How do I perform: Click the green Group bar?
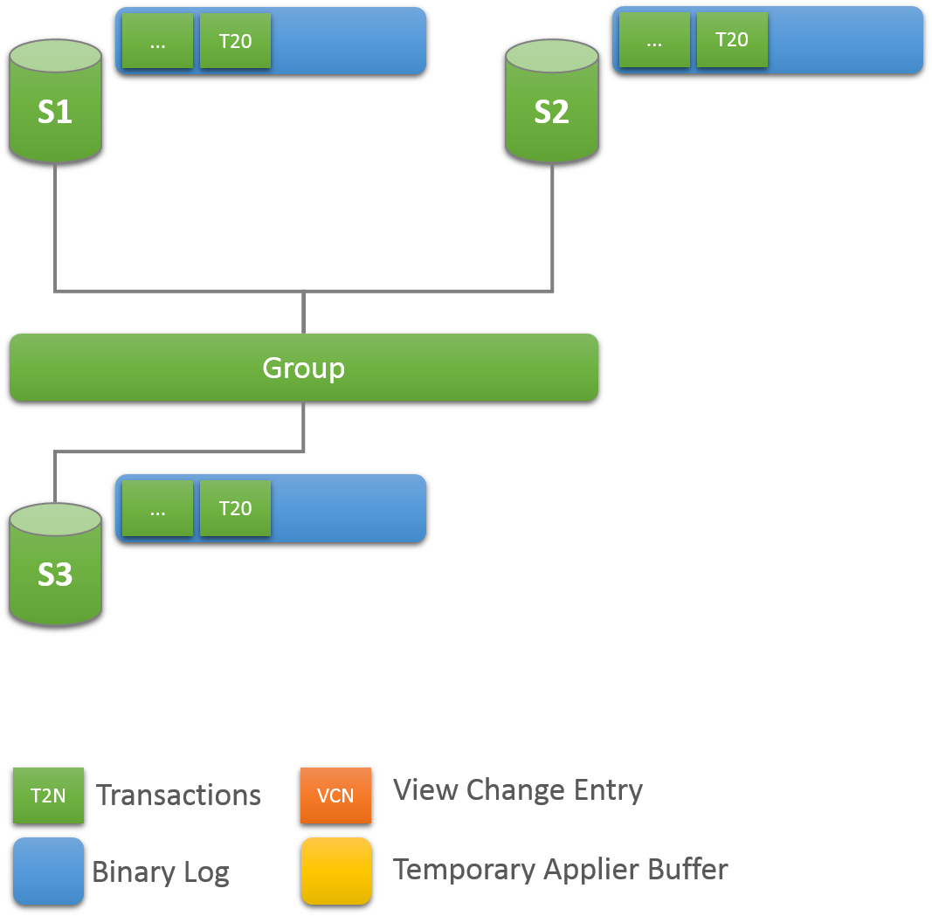pyautogui.click(x=303, y=368)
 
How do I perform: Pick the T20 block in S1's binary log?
pyautogui.click(x=235, y=41)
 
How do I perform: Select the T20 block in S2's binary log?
pyautogui.click(x=732, y=39)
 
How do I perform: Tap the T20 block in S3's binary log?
pyautogui.click(x=235, y=508)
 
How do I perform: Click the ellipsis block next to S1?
pyautogui.click(x=157, y=41)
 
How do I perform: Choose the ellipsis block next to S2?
pyautogui.click(x=654, y=39)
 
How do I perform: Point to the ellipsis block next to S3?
pyautogui.click(x=157, y=508)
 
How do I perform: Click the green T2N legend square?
pyautogui.click(x=48, y=795)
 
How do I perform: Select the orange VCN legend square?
pyautogui.click(x=335, y=795)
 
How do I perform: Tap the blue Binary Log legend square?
pyautogui.click(x=48, y=871)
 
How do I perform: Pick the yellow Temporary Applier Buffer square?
pyautogui.click(x=335, y=871)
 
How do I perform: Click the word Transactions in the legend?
pyautogui.click(x=178, y=795)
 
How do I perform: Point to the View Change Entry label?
pyautogui.click(x=518, y=790)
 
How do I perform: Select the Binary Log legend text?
pyautogui.click(x=161, y=872)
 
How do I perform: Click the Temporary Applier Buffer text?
pyautogui.click(x=560, y=870)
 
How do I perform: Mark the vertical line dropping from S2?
pyautogui.click(x=552, y=227)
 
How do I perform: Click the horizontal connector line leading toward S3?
pyautogui.click(x=179, y=451)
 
